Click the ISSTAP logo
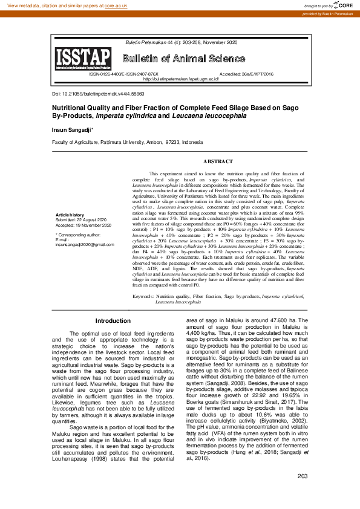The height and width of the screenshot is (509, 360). pyautogui.click(x=83, y=59)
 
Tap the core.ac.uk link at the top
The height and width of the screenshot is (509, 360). pyautogui.click(x=117, y=5)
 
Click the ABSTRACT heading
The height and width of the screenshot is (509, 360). pyautogui.click(x=218, y=161)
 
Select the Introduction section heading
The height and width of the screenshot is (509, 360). pyautogui.click(x=113, y=321)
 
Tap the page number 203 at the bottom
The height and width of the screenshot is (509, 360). pyautogui.click(x=303, y=494)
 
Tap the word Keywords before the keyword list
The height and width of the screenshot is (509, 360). pyautogui.click(x=143, y=297)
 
